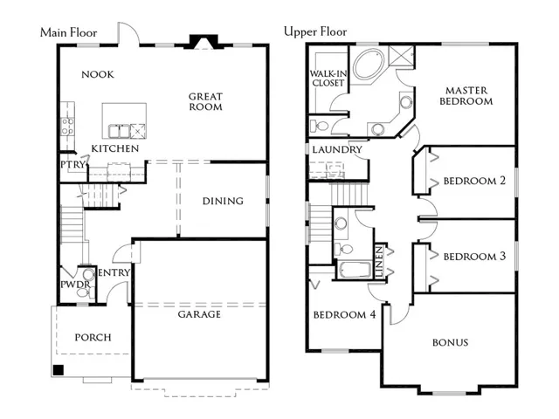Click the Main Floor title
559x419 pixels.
(x=68, y=33)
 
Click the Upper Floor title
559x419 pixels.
(x=315, y=32)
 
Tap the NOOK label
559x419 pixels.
(x=98, y=74)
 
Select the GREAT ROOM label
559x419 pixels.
(x=205, y=101)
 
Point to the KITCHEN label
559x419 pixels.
(x=114, y=148)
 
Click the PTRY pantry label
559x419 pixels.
(x=73, y=165)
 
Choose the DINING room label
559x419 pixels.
(x=223, y=202)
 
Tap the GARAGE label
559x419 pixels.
(x=199, y=314)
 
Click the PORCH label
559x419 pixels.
(x=93, y=338)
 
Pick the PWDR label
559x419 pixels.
(x=75, y=285)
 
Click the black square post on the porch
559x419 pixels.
(x=59, y=370)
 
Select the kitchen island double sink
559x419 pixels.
(x=119, y=131)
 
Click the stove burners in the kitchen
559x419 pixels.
(x=67, y=127)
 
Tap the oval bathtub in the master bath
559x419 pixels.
(x=369, y=64)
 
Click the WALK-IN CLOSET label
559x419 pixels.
(x=328, y=79)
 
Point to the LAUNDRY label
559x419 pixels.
(x=337, y=149)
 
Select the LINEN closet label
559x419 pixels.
(x=379, y=262)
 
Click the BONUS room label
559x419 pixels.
(x=451, y=343)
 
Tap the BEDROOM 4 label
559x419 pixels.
(x=344, y=314)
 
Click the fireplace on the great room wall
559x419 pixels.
(x=204, y=42)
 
